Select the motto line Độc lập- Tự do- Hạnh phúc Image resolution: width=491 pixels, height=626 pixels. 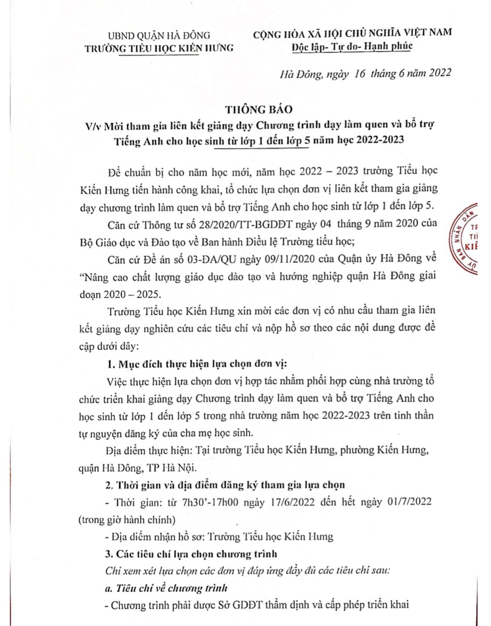352,46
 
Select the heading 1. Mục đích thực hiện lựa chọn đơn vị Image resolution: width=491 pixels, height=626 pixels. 197,363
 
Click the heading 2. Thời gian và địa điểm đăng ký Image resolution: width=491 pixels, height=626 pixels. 226,484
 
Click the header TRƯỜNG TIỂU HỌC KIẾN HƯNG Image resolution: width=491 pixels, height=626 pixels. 159,48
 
